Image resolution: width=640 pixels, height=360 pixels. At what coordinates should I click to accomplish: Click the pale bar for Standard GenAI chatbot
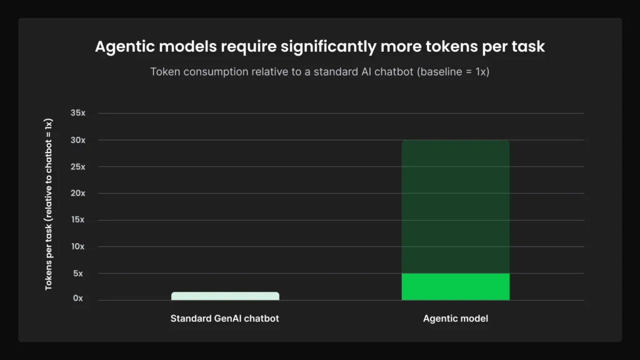pyautogui.click(x=225, y=296)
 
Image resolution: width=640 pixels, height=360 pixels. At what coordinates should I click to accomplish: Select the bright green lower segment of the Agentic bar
pyautogui.click(x=455, y=287)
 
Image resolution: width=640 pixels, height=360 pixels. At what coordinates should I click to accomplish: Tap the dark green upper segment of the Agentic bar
pyautogui.click(x=455, y=206)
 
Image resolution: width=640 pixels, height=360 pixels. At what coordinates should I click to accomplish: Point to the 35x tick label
pyautogui.click(x=77, y=113)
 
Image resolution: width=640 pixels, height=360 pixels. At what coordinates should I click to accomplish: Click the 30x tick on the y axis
pyautogui.click(x=77, y=140)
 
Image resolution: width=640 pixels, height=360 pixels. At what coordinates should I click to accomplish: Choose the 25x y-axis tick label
pyautogui.click(x=77, y=167)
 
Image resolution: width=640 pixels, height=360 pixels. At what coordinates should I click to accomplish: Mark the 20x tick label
pyautogui.click(x=77, y=193)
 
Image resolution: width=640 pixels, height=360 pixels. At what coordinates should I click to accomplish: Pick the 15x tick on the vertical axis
pyautogui.click(x=77, y=220)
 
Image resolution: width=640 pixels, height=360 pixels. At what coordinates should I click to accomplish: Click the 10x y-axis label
pyautogui.click(x=77, y=246)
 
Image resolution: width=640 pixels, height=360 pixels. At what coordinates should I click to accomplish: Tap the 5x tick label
pyautogui.click(x=79, y=273)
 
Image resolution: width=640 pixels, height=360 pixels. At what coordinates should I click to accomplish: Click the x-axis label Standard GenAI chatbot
pyautogui.click(x=224, y=319)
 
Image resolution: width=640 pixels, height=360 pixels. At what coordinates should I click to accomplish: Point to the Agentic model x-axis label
pyautogui.click(x=455, y=319)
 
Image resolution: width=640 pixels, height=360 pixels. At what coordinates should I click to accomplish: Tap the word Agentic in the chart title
pyautogui.click(x=122, y=47)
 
